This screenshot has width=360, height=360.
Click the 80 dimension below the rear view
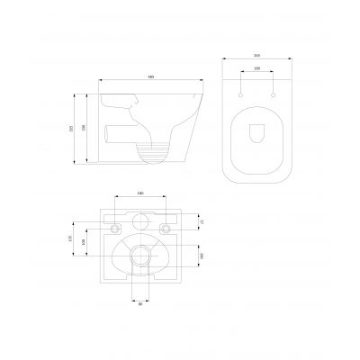140,304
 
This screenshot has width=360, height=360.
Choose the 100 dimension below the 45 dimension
203,255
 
